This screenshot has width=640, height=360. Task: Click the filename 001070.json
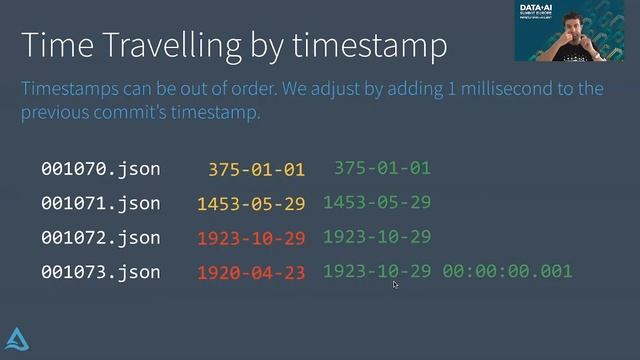[100, 169]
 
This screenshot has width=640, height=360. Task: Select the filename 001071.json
[100, 203]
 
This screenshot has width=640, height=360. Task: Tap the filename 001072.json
[100, 237]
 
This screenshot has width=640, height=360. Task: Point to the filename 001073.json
[100, 272]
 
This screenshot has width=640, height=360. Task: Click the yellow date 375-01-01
[256, 170]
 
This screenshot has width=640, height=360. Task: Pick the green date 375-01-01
[382, 168]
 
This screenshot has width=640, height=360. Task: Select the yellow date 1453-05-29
[251, 204]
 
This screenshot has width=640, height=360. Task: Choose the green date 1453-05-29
[376, 202]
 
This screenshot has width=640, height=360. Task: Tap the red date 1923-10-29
[251, 239]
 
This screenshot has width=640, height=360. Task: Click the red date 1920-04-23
[251, 273]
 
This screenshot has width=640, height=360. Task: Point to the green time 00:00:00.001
[507, 271]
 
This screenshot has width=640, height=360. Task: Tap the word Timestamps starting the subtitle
[71, 89]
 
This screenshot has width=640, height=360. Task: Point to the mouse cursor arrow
[396, 285]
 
